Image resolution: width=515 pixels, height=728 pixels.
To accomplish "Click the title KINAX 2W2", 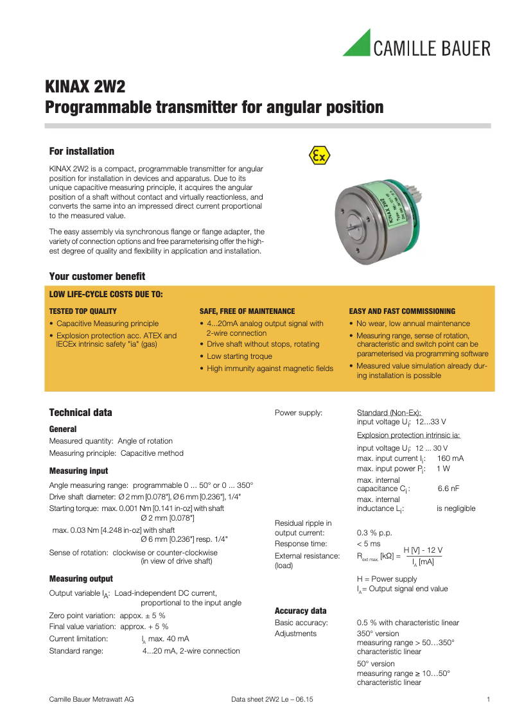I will point(85,87).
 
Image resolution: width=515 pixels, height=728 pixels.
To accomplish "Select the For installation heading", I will point(82,152).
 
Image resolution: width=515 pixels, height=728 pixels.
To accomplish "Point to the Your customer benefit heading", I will point(97,277).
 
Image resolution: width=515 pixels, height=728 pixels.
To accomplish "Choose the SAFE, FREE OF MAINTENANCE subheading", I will point(247,311).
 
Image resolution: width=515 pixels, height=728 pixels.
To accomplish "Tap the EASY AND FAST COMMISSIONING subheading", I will point(402,311).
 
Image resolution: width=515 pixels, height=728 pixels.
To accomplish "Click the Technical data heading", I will point(80,413).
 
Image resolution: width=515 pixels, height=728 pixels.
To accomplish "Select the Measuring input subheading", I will point(78,471).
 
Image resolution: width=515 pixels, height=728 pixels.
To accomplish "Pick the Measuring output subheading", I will point(81,579).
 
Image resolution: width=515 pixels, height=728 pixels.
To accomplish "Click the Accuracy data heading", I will point(301,611).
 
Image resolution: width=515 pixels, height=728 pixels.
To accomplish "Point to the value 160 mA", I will point(450,458).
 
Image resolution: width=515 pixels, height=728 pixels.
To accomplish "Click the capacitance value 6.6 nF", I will point(448,489).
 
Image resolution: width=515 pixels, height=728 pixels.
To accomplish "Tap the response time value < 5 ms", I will point(369,544).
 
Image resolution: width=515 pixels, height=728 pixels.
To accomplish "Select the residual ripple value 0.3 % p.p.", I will point(374,533).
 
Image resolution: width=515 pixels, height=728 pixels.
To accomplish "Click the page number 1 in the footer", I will point(489,699).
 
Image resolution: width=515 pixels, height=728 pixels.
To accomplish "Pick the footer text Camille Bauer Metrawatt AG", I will point(92,699).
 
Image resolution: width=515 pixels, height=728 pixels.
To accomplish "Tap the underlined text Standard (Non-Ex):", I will point(388,413).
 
